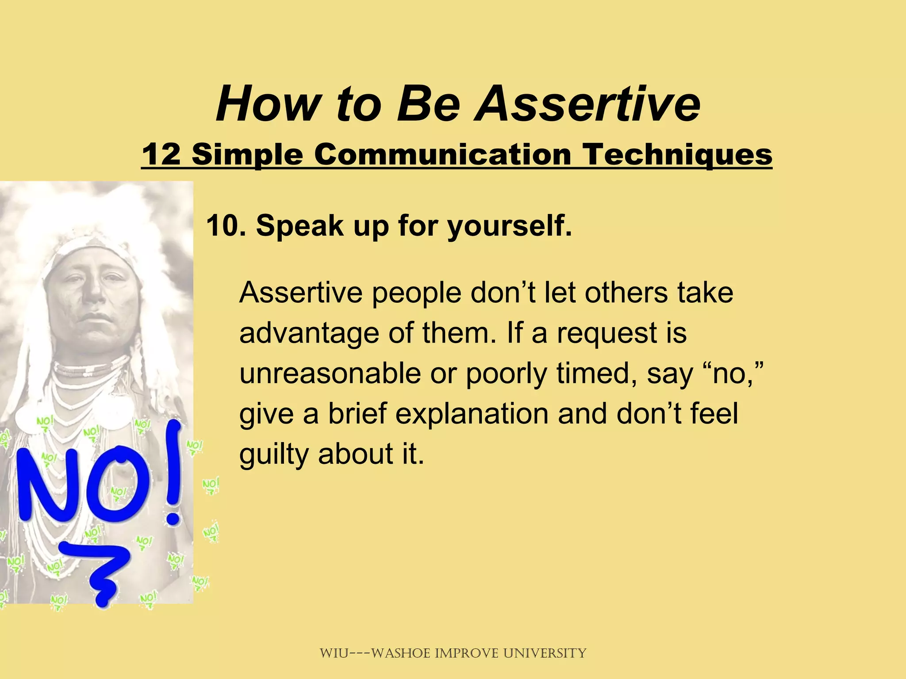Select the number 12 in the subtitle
point(161,155)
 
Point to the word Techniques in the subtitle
point(677,155)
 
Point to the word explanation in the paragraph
point(472,414)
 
